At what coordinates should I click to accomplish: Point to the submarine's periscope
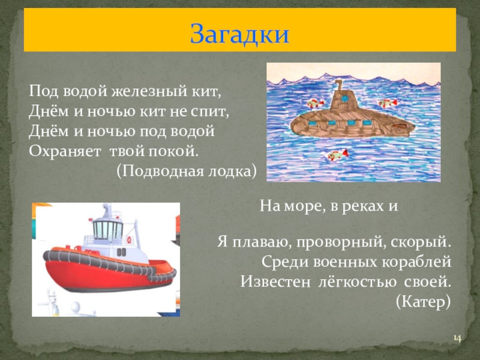(339, 83)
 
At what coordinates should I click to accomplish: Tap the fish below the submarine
(337, 155)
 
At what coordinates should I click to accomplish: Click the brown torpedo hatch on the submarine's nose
(298, 124)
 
